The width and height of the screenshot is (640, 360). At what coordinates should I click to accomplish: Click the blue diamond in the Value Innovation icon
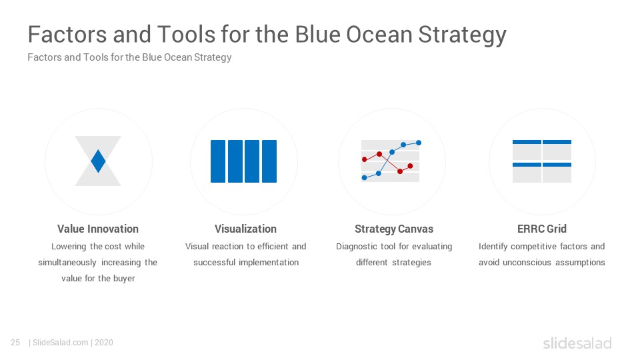(98, 161)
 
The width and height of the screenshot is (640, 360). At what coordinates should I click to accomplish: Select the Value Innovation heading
(98, 229)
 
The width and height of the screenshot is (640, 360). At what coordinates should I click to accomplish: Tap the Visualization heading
(246, 229)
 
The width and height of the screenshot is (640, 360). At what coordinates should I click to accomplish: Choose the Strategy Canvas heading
(394, 229)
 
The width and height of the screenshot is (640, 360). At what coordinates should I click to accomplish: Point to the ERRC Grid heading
(541, 229)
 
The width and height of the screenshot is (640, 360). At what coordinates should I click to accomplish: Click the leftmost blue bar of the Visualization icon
(218, 161)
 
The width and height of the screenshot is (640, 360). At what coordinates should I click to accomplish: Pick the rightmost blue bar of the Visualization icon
(269, 161)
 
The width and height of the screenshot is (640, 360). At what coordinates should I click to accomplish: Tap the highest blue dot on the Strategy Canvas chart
(419, 143)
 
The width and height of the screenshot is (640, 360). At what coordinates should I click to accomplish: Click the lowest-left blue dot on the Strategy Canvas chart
(365, 177)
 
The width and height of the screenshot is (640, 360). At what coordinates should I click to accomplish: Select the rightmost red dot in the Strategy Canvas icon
(410, 166)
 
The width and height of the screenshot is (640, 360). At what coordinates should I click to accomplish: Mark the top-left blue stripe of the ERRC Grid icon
(527, 142)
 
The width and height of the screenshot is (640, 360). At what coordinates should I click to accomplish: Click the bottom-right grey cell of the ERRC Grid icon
(557, 175)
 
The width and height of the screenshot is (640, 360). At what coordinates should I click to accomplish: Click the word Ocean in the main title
(379, 34)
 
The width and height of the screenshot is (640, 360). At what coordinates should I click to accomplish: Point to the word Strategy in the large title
(463, 36)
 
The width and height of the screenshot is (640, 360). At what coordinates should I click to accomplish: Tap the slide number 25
(15, 343)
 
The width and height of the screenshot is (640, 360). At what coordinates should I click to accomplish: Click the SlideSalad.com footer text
(60, 343)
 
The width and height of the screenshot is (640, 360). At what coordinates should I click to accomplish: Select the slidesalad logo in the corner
(577, 343)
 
